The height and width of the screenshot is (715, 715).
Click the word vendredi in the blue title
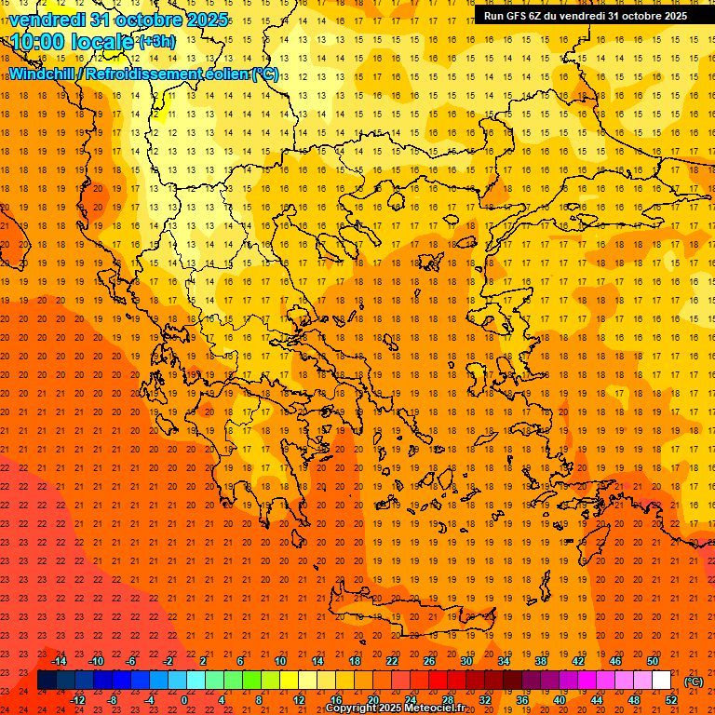pyautogui.click(x=48, y=20)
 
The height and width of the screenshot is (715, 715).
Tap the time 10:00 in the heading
pyautogui.click(x=39, y=42)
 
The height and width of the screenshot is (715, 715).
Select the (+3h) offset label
pyautogui.click(x=155, y=42)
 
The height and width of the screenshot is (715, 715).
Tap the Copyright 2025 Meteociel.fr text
pyautogui.click(x=395, y=708)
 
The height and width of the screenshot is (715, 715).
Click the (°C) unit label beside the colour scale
pyautogui.click(x=693, y=681)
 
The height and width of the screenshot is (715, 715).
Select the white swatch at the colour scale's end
pyautogui.click(x=662, y=681)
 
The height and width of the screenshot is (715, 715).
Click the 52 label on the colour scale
pyautogui.click(x=671, y=700)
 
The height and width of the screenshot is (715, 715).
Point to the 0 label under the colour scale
pyautogui.click(x=184, y=700)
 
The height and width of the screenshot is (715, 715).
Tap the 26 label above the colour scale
pyautogui.click(x=429, y=661)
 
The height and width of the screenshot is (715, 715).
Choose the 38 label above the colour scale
pyautogui.click(x=540, y=661)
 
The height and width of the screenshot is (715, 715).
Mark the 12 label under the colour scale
pyautogui.click(x=299, y=700)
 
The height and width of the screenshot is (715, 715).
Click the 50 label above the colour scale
pyautogui.click(x=652, y=661)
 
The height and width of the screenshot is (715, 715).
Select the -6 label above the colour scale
pyautogui.click(x=131, y=661)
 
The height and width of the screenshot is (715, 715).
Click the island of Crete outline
pyautogui.click(x=410, y=615)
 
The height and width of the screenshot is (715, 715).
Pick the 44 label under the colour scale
pyautogui.click(x=597, y=700)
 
